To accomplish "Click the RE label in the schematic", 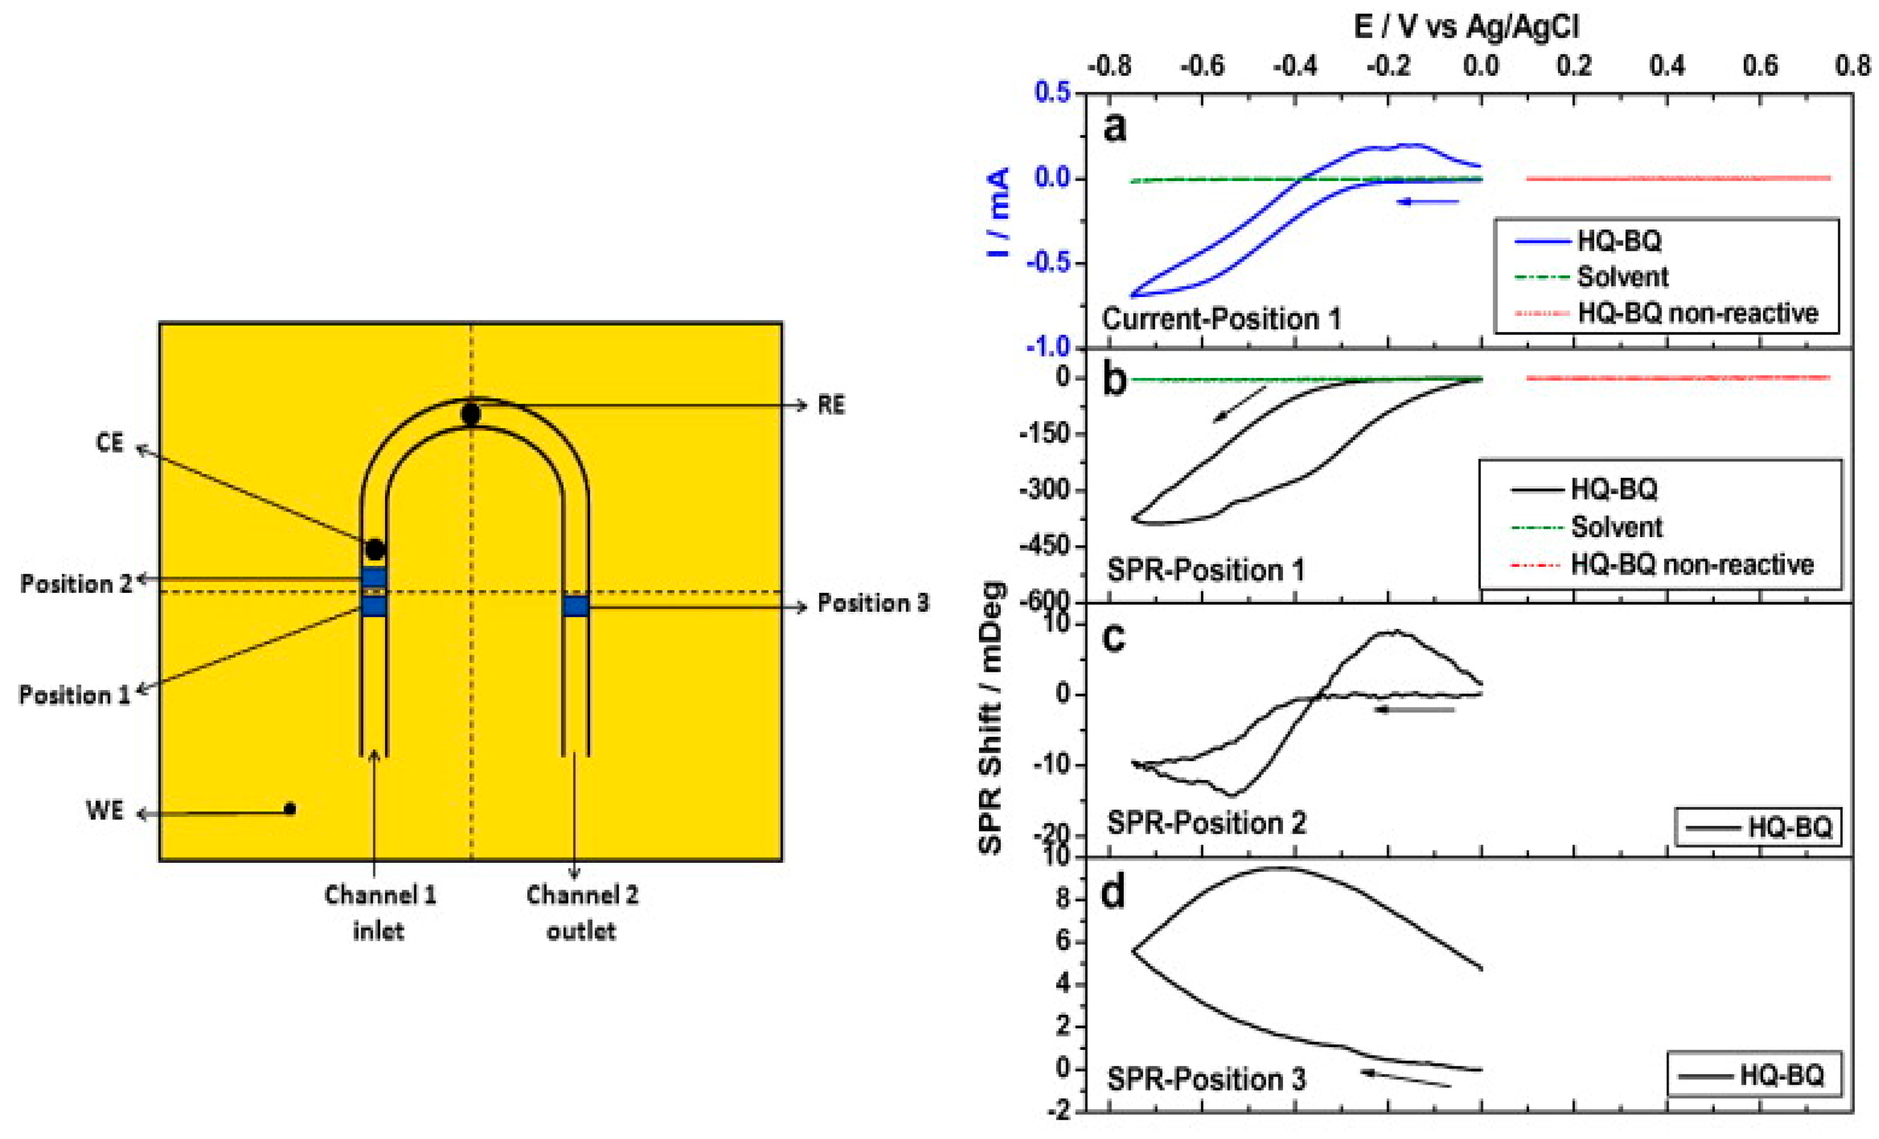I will (x=831, y=405).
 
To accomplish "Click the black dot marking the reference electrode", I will (x=471, y=415).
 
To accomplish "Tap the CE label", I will (x=109, y=443).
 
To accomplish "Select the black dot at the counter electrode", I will (x=375, y=549).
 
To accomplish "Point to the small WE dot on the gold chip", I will (x=290, y=809).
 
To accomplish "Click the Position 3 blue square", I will (x=576, y=607).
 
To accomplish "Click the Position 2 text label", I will (x=76, y=584).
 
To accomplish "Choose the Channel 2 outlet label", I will (x=582, y=912).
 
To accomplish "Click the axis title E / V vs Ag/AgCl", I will (x=1466, y=27).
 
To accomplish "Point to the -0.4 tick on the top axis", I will (x=1295, y=66).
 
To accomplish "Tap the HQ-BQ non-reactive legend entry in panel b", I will (x=1691, y=565).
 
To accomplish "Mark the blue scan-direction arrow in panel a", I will (x=1428, y=201).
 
